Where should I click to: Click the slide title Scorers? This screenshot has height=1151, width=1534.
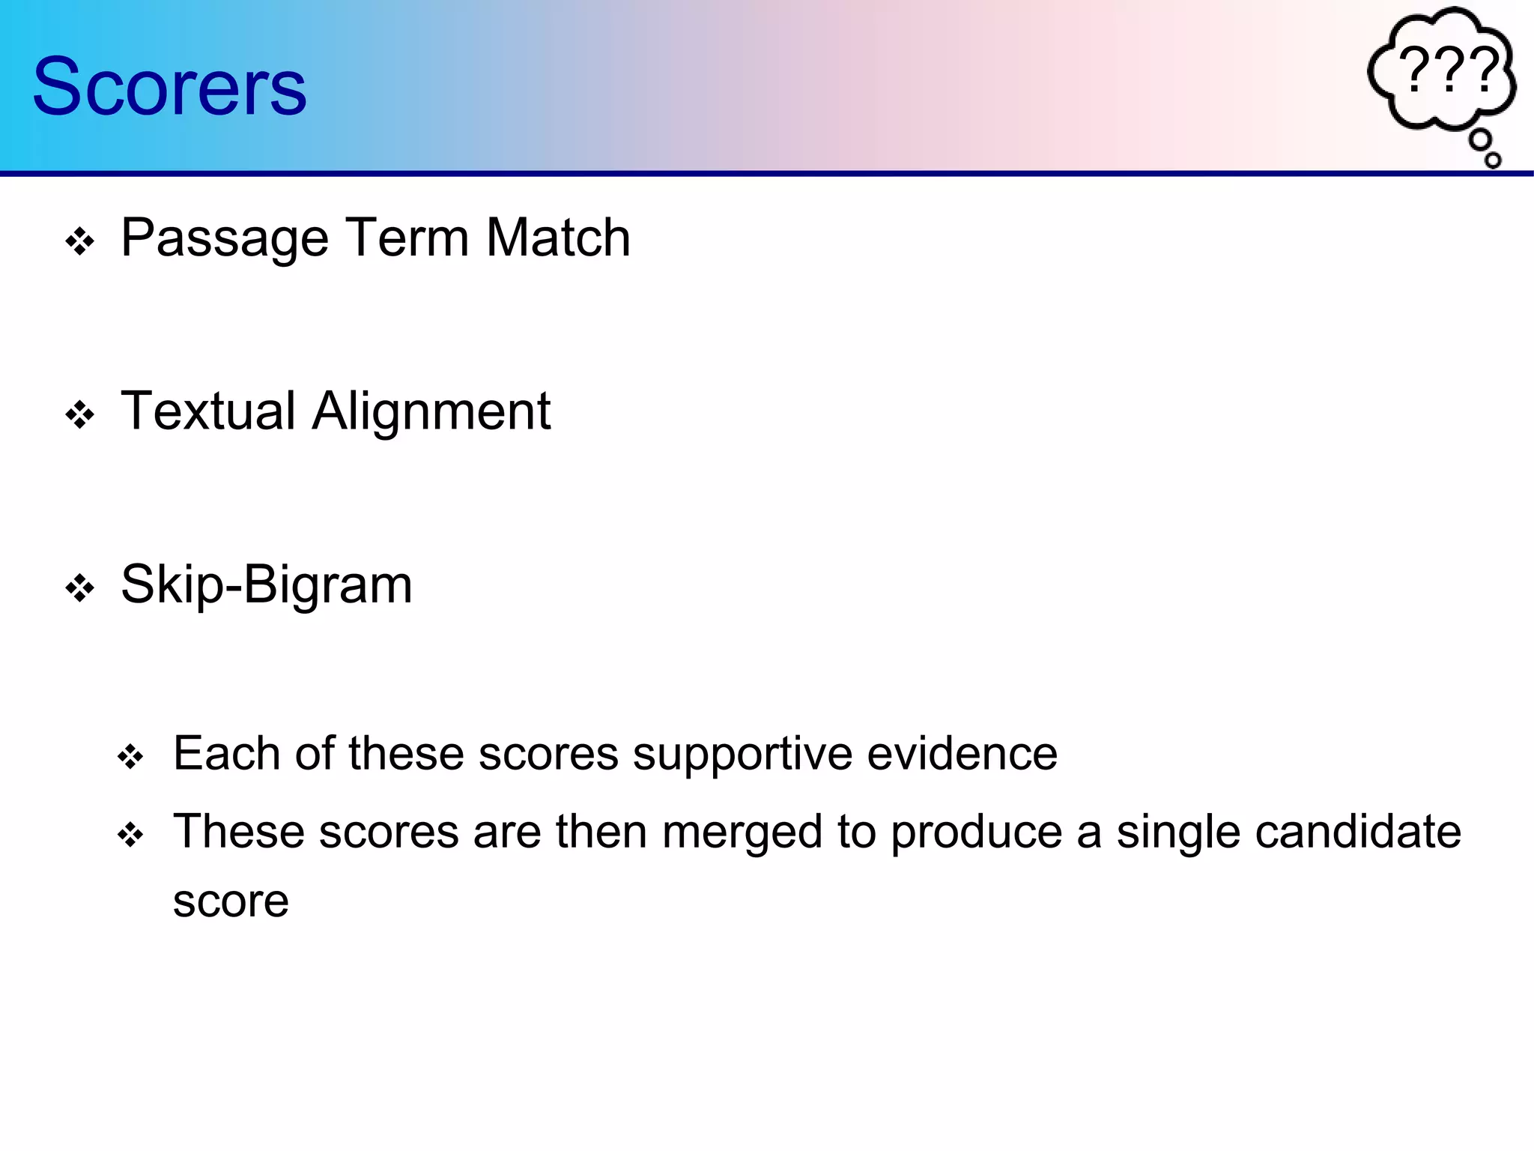(x=169, y=87)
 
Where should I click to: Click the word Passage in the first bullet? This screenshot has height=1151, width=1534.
(x=225, y=239)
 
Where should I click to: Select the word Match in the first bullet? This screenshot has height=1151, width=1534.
(x=558, y=238)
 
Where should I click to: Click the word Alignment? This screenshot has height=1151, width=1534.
(x=431, y=413)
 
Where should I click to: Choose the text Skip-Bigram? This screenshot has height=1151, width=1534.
(x=266, y=584)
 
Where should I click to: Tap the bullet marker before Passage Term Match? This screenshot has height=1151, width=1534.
(x=79, y=242)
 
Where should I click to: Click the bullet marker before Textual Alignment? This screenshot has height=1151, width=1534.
(x=79, y=415)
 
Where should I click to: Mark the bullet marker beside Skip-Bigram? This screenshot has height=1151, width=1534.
(x=79, y=588)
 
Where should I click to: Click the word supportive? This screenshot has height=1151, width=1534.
(x=743, y=755)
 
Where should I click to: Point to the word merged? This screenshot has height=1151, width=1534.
(x=742, y=833)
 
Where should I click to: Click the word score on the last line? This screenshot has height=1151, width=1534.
(x=231, y=901)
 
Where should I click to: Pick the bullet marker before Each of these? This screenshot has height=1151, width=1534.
(x=130, y=757)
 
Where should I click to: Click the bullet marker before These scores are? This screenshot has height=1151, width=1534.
(x=130, y=835)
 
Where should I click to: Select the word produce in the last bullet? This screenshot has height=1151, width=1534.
(x=977, y=833)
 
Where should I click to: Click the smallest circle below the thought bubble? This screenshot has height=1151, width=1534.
(x=1493, y=160)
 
